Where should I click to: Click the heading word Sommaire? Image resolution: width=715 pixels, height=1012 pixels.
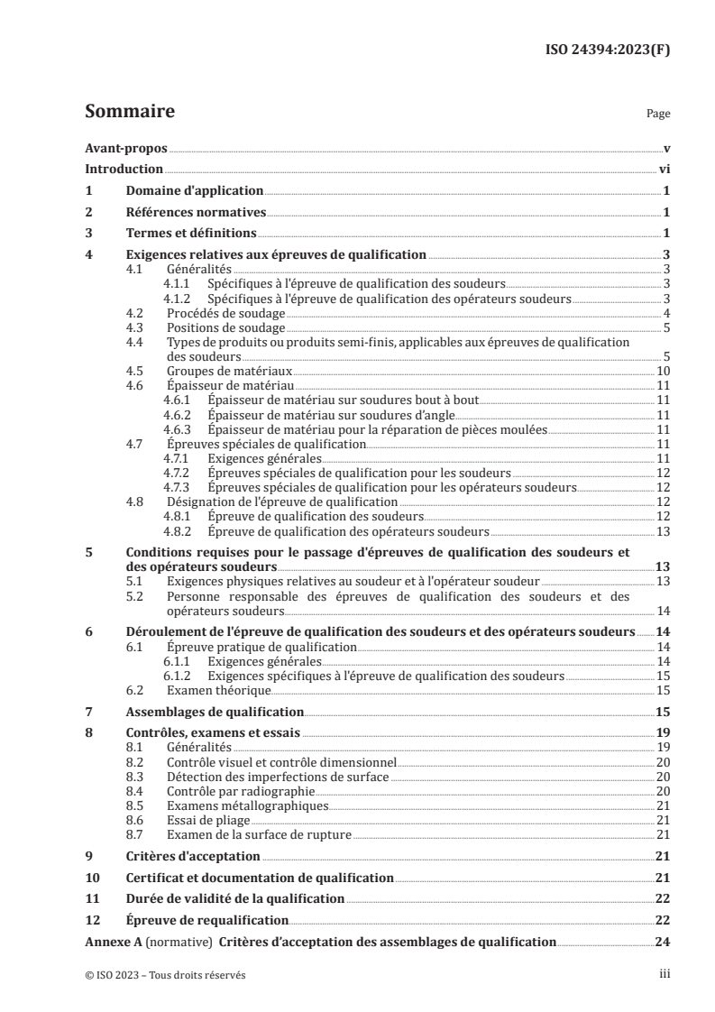[x=129, y=113]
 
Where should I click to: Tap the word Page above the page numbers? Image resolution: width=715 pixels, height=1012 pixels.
[x=658, y=115]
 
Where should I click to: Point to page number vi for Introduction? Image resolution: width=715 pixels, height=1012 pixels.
[x=663, y=169]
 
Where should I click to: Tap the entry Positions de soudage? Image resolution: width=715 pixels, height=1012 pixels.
[x=226, y=327]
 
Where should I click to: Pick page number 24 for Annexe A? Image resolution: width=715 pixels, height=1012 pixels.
[x=661, y=942]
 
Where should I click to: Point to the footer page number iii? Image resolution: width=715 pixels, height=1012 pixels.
[x=664, y=974]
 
